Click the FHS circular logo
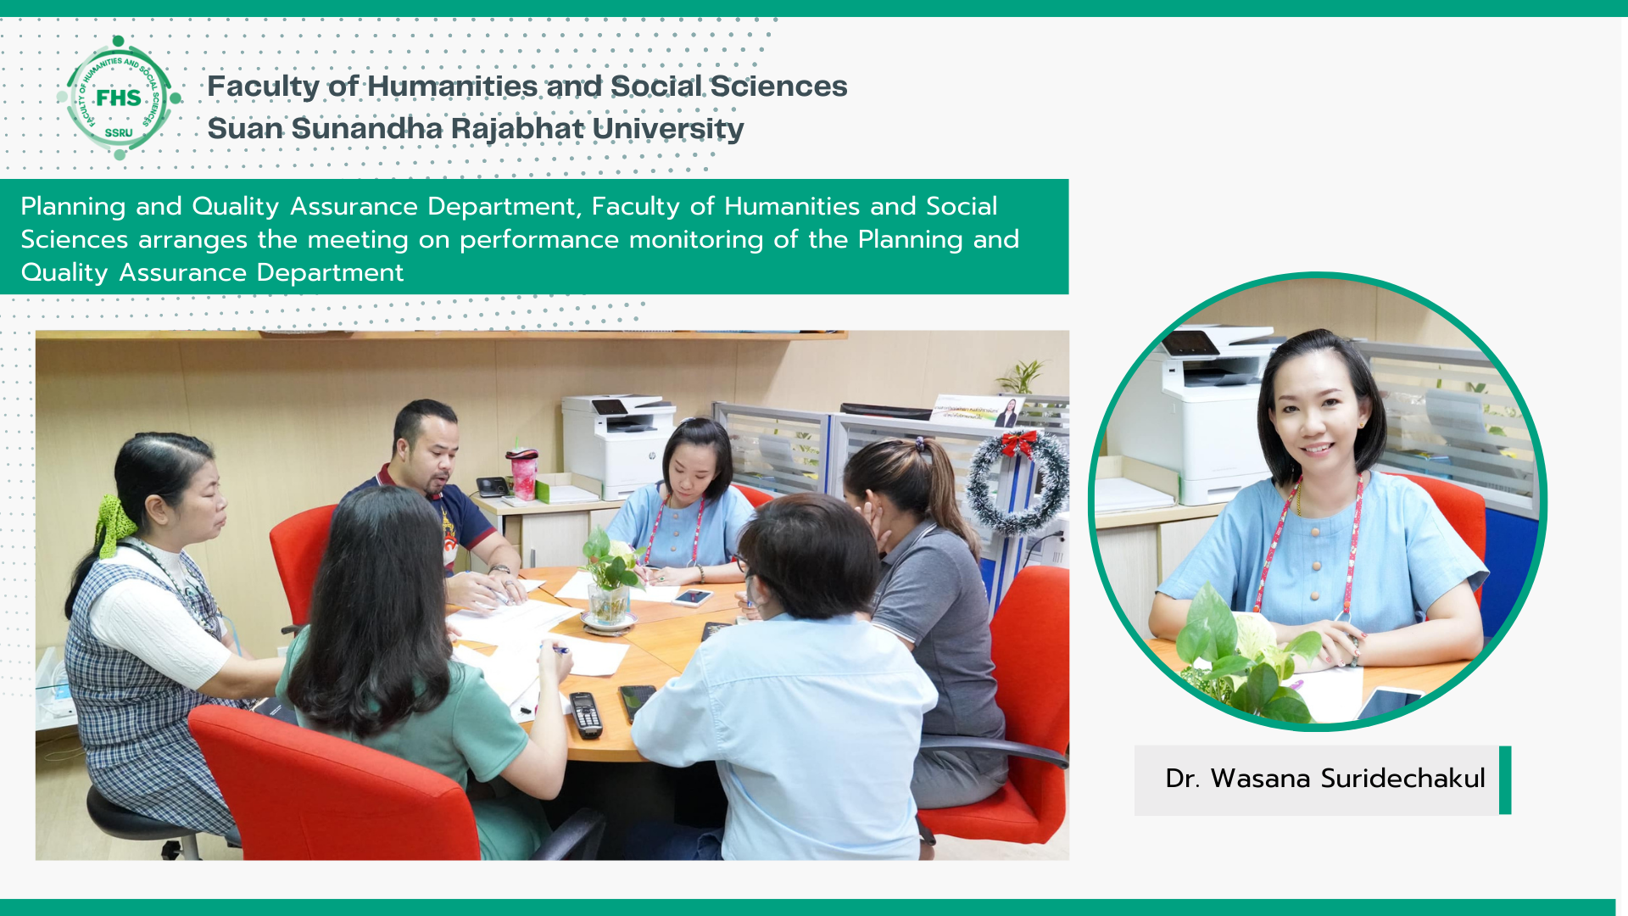[119, 98]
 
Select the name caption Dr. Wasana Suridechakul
[1324, 779]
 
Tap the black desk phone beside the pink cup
[493, 486]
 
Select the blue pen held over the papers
[556, 649]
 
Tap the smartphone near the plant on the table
[693, 597]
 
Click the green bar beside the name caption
[1505, 779]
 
